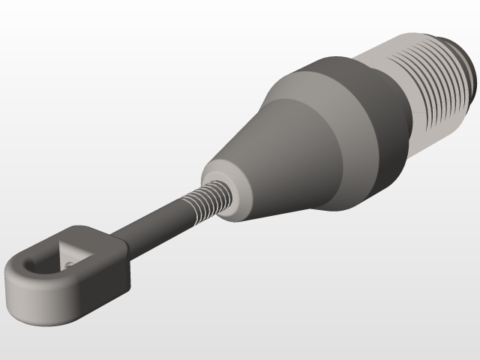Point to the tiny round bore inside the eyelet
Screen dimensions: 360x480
(x=68, y=264)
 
